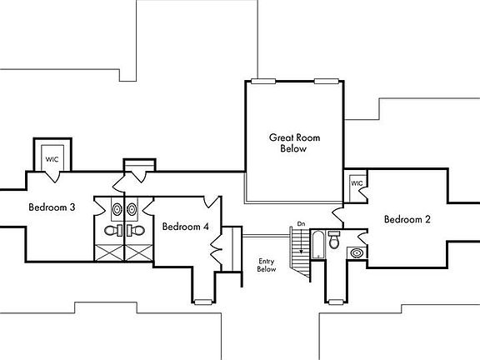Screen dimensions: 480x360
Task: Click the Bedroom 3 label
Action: (52, 207)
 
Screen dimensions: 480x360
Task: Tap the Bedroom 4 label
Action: (186, 227)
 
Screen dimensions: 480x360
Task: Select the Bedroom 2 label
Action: (407, 219)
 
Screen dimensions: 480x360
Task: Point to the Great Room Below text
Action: (294, 143)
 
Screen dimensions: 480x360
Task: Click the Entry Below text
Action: (267, 265)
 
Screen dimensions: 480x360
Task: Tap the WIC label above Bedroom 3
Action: (52, 159)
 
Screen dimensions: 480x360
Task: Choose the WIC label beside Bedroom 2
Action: (357, 183)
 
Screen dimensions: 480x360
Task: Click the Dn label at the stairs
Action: (301, 224)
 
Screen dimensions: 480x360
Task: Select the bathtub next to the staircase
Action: (318, 245)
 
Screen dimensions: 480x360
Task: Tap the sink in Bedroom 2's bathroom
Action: (357, 253)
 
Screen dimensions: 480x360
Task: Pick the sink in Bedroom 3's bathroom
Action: (117, 209)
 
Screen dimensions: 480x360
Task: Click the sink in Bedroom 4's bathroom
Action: (132, 209)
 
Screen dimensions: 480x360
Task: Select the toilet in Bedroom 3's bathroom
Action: (113, 231)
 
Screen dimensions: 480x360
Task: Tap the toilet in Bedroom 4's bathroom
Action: (136, 231)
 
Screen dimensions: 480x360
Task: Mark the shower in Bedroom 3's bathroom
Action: (109, 252)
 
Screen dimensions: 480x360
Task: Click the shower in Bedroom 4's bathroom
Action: (138, 252)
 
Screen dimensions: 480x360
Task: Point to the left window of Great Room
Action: (263, 81)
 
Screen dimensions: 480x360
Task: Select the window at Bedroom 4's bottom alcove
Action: (203, 302)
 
